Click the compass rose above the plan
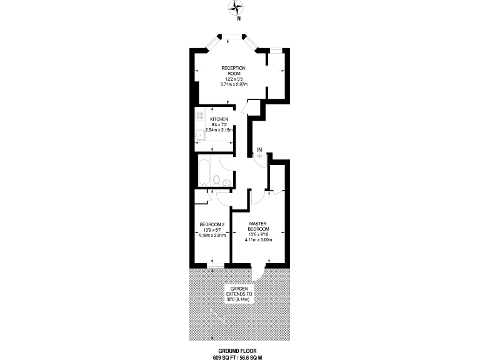coord(237,7)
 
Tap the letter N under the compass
coord(237,18)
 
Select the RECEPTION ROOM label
coord(233,71)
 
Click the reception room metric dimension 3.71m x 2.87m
coord(231,84)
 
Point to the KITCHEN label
coord(219,119)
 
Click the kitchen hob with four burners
coord(200,116)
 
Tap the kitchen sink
coord(200,135)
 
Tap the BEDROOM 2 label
coord(211,225)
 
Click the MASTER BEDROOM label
coord(258,227)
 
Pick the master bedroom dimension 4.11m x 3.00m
coord(258,239)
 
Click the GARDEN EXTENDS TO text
coord(239,292)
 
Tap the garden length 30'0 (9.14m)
coord(239,301)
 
